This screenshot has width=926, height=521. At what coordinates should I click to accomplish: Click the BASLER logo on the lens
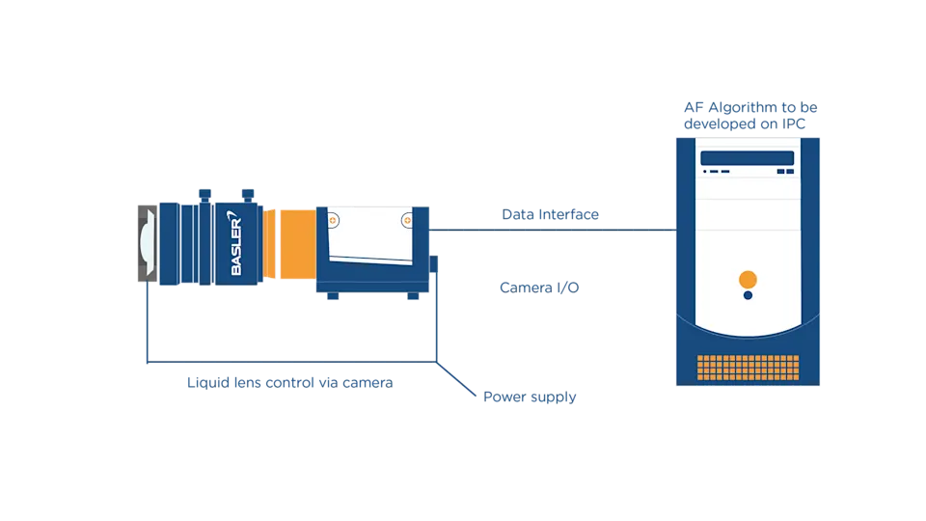tap(236, 243)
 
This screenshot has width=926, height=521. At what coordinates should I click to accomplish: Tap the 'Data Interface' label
tap(551, 214)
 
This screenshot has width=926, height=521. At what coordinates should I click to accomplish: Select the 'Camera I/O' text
tap(539, 288)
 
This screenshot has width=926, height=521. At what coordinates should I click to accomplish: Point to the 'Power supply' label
tap(530, 397)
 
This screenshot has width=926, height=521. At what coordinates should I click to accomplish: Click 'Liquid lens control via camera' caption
tap(290, 383)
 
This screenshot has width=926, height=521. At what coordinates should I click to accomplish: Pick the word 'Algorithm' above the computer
tap(743, 107)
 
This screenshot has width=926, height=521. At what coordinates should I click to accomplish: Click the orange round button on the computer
tap(748, 279)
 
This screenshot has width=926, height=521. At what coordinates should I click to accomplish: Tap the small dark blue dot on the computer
tap(748, 295)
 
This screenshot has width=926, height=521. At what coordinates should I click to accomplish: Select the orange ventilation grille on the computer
tap(748, 368)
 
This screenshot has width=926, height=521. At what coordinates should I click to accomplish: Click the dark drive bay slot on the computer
tap(747, 157)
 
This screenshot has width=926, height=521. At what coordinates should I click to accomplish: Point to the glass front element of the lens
tap(147, 243)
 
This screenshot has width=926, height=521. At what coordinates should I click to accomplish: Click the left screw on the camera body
tap(333, 220)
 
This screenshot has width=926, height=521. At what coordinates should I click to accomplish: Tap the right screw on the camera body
tap(407, 220)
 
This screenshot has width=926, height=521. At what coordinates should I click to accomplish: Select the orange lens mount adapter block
tap(298, 243)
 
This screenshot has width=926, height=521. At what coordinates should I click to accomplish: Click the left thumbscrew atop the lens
tap(204, 196)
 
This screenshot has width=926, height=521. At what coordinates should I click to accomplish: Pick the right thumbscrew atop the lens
tap(248, 196)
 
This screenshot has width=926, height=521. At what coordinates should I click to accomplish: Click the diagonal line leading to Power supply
tap(456, 378)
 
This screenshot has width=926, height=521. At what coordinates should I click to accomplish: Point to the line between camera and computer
tap(553, 230)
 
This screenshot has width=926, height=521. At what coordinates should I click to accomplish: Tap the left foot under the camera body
tap(333, 296)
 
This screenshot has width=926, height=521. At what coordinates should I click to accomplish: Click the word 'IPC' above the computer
tap(794, 124)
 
